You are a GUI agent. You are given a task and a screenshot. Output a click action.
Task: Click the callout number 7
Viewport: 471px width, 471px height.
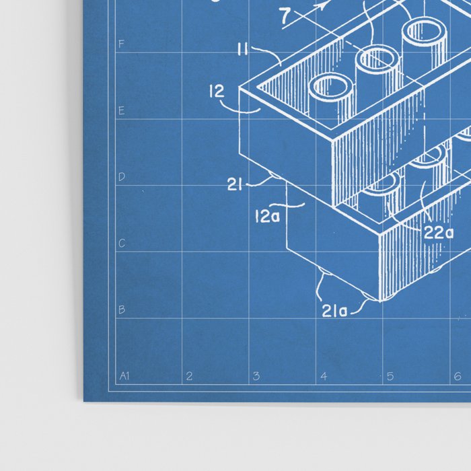(x=286, y=13)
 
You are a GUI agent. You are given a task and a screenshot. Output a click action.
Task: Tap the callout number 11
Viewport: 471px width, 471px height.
(x=244, y=48)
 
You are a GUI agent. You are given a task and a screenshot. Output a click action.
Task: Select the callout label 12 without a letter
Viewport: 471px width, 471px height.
(x=217, y=92)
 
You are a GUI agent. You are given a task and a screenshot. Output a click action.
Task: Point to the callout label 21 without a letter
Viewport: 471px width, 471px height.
(x=235, y=185)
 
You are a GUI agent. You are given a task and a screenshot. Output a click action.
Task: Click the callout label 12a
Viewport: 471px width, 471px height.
(x=267, y=217)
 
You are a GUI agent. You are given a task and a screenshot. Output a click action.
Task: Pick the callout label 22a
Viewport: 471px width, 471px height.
(x=438, y=233)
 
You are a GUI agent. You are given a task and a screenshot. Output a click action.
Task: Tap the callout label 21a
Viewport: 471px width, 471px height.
(x=334, y=310)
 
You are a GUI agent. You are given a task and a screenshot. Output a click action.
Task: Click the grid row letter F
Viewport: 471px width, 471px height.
(x=122, y=44)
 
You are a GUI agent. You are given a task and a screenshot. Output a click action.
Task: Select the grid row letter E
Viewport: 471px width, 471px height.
(x=122, y=110)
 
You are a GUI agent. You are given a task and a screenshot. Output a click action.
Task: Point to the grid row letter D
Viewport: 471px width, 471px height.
(x=122, y=177)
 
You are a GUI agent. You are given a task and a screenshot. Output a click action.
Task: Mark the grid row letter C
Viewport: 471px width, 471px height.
(x=122, y=244)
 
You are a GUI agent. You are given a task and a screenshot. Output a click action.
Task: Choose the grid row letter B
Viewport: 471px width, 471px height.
(x=122, y=310)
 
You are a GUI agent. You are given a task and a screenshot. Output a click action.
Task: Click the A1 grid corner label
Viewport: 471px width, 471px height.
(x=124, y=376)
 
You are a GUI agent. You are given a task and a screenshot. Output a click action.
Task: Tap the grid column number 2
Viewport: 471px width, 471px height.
(x=189, y=376)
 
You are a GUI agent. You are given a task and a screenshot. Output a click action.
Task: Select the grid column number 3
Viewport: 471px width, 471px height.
(x=256, y=376)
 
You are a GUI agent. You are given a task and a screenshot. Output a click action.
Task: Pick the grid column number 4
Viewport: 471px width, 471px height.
(x=323, y=376)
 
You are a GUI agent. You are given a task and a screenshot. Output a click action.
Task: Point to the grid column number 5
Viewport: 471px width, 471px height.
(x=390, y=376)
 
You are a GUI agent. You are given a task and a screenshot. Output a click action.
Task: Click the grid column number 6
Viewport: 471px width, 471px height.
(x=456, y=376)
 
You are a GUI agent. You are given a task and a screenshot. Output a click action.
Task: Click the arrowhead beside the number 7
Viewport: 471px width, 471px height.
(x=324, y=5)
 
